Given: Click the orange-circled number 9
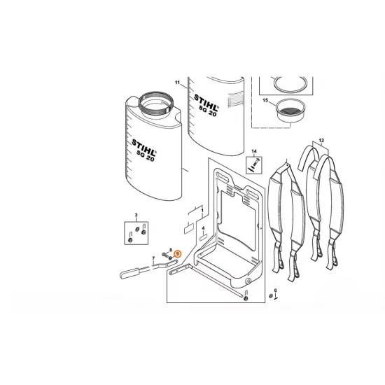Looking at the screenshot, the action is coord(178,253).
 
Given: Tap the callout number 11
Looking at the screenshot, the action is coord(178,83).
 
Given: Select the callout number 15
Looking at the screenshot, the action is coord(265,100).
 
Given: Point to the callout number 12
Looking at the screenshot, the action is coord(321,141).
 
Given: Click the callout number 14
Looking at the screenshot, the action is coord(254,151).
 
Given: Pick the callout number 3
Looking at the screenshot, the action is coord(136,216).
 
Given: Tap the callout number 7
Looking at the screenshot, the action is coord(154,258).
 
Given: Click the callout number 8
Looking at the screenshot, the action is coord(171,249).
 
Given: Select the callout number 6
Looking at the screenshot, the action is coord(276,290).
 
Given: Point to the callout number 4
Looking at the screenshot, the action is coord(203,228).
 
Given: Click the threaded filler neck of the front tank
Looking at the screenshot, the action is coord(157,104).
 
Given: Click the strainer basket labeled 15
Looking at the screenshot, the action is coord(290,110).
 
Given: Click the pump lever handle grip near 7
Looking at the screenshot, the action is coord(130,273).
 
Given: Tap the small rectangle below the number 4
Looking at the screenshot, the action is coord(203,238).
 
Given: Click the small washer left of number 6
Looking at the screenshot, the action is coord(271,296).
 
